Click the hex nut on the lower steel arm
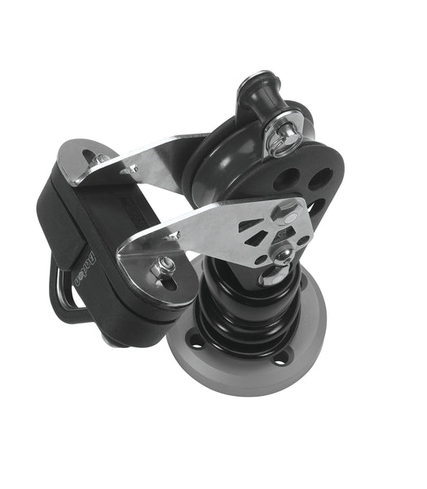(164, 263)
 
